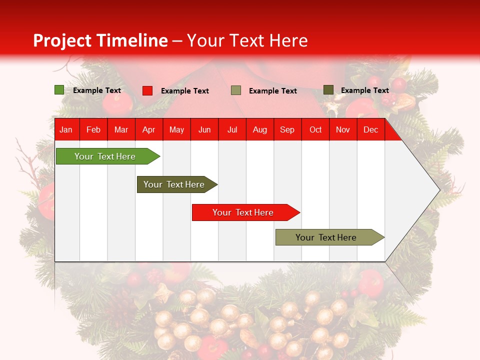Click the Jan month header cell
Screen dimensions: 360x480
[x=66, y=129]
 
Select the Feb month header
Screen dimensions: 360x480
[x=93, y=129]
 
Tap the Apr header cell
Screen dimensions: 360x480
[x=148, y=129]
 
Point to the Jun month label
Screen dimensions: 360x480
[x=204, y=130]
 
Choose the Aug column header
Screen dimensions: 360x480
[x=259, y=129]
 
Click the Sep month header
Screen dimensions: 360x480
[x=287, y=129]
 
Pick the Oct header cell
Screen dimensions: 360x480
[x=315, y=129]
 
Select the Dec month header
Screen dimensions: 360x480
[x=370, y=129]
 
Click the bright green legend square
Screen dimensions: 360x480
[x=59, y=90]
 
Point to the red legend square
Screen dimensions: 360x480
[x=147, y=90]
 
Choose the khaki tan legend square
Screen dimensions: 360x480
[x=235, y=90]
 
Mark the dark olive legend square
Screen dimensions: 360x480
[x=328, y=90]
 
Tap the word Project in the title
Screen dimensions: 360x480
[x=62, y=40]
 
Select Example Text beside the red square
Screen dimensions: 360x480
[x=184, y=91]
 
